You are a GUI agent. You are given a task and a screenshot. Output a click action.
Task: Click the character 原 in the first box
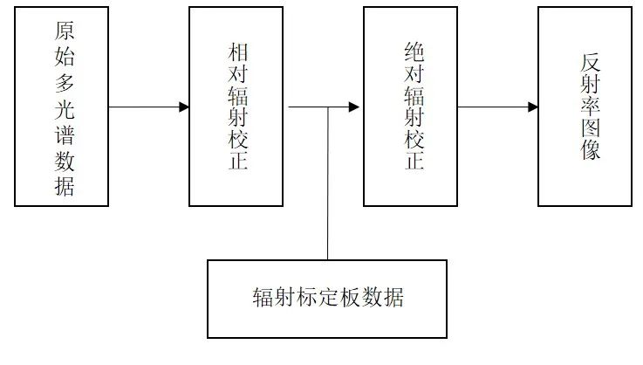[x=64, y=32]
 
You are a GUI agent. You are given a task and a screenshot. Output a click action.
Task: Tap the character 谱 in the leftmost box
[x=64, y=136]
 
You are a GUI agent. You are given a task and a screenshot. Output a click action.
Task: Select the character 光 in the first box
[x=64, y=110]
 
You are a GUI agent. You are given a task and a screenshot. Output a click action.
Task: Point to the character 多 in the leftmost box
[x=64, y=84]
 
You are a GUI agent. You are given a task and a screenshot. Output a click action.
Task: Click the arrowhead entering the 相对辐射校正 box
[x=184, y=107]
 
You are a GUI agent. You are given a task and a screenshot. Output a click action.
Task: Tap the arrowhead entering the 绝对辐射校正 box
[x=354, y=107]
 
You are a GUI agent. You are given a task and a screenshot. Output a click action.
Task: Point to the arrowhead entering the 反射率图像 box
[x=532, y=107]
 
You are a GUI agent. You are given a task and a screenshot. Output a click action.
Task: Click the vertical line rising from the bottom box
[x=328, y=183]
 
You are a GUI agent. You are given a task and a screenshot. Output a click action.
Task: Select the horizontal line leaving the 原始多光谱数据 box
[x=144, y=107]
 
